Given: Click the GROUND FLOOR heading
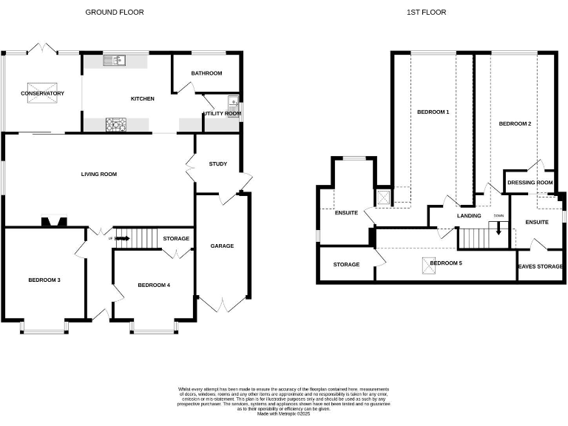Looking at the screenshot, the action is (x=115, y=12).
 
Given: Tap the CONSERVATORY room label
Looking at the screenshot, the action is (x=42, y=93).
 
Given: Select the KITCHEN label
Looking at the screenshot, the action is (x=142, y=98).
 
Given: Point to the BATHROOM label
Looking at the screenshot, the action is (x=206, y=73).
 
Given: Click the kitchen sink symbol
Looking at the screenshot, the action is (x=117, y=60).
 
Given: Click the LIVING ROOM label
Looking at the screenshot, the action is (x=99, y=174).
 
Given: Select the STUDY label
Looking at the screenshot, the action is (x=217, y=163).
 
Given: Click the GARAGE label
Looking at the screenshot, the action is (x=222, y=246).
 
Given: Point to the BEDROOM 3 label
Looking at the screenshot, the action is (x=44, y=280).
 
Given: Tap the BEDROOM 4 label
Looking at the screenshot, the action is (x=154, y=285).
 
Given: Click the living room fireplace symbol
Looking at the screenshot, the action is (x=53, y=220).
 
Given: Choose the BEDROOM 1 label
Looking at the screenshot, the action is (x=433, y=112).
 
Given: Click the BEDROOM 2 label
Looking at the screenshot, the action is (x=515, y=124).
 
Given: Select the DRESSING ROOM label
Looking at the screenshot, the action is (x=530, y=183).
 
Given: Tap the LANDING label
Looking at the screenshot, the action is (x=469, y=216).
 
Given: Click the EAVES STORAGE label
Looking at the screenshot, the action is (x=540, y=266).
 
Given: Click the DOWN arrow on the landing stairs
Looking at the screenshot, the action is (x=498, y=226).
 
